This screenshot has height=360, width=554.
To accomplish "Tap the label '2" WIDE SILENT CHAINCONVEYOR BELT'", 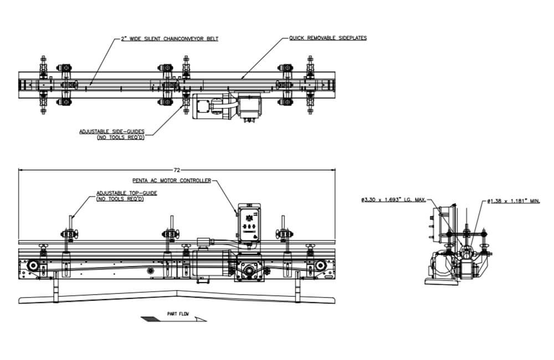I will (170, 39).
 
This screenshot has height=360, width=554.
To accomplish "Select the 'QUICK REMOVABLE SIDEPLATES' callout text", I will (327, 38).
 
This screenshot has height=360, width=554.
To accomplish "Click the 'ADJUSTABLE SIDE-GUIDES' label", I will (112, 131).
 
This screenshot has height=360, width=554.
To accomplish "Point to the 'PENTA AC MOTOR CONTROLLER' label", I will (171, 181).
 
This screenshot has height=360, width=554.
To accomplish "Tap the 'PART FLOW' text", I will (178, 314).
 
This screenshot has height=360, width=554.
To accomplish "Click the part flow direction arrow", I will (173, 319).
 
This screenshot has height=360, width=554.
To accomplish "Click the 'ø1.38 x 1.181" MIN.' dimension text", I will (513, 200).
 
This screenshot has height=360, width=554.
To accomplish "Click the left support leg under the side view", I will (55, 289).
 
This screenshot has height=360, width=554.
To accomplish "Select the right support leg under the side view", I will (298, 289).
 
